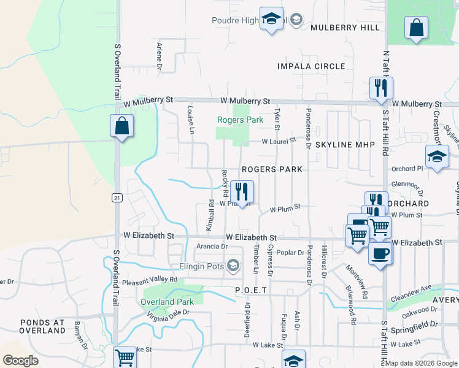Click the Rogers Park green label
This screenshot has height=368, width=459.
pyautogui.click(x=241, y=120)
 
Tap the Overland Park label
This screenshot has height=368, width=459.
pyautogui.click(x=168, y=302)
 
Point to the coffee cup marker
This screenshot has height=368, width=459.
pyautogui.click(x=380, y=253)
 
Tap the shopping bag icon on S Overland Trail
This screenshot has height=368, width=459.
pyautogui.click(x=122, y=126)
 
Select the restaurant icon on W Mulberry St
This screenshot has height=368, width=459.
pyautogui.click(x=380, y=88)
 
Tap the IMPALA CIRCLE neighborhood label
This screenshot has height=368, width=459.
pyautogui.click(x=311, y=66)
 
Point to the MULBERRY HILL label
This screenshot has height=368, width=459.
pyautogui.click(x=345, y=28)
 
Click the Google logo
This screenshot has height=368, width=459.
pyautogui.click(x=20, y=361)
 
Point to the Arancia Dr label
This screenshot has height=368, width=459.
pyautogui.click(x=212, y=247)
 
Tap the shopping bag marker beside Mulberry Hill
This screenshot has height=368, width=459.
pyautogui.click(x=416, y=28)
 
